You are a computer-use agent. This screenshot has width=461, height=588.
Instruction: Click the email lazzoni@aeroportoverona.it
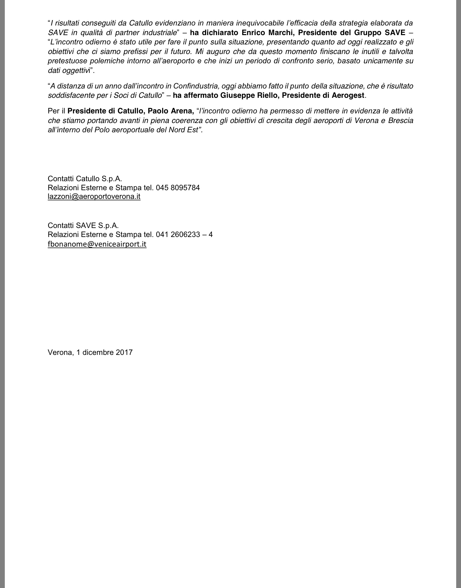tap(94, 196)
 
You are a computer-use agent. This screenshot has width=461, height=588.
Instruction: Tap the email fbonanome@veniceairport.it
tap(97, 244)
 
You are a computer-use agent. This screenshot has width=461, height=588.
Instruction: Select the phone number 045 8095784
tap(178, 187)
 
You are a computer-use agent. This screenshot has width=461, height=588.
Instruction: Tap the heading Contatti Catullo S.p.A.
tap(85, 179)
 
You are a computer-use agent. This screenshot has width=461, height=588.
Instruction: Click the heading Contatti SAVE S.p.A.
tap(83, 225)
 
